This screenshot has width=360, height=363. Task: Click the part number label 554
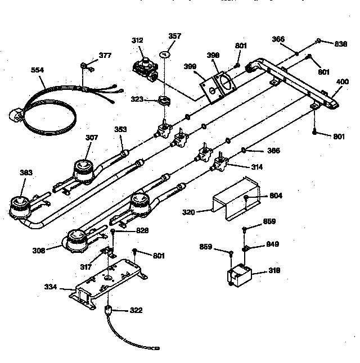[38, 71]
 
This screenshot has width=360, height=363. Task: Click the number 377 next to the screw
[105, 55]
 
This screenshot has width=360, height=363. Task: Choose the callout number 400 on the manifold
[342, 82]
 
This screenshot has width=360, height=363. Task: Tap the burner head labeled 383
[20, 206]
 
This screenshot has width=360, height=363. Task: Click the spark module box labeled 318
[239, 276]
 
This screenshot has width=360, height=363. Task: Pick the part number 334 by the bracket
[51, 287]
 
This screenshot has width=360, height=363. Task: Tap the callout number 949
[272, 244]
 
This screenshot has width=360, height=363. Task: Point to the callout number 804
[275, 196]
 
